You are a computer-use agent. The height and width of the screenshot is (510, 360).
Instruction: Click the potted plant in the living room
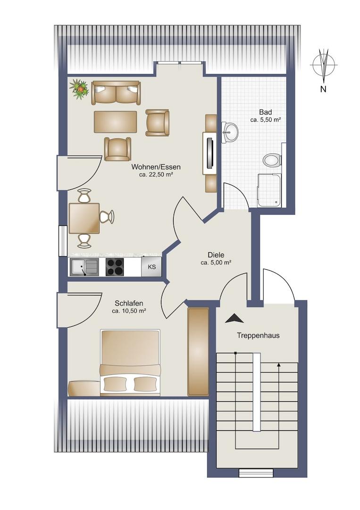[x=79, y=88]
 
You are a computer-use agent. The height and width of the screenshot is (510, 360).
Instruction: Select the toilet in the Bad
[x=272, y=160]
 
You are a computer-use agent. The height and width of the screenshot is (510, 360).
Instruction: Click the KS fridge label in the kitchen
[x=152, y=267]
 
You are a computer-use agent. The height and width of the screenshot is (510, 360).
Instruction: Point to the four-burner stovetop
[x=115, y=267]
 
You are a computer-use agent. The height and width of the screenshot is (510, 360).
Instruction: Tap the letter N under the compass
[x=323, y=89]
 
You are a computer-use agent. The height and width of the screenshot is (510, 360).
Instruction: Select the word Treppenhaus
[x=258, y=336]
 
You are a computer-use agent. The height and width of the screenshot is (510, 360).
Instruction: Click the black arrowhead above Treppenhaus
[x=234, y=318]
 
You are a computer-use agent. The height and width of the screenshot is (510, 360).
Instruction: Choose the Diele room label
[x=216, y=255]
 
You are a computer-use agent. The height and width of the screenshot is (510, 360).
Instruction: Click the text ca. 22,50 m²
[x=156, y=174]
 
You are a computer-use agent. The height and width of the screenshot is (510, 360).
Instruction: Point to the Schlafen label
[x=129, y=304]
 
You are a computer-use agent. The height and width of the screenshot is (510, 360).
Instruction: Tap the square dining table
[x=84, y=218]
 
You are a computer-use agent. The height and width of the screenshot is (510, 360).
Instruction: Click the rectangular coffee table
[x=115, y=122]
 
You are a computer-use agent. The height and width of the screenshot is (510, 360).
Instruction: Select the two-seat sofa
[x=116, y=93]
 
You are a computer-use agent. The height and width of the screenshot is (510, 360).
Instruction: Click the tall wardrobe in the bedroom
[x=198, y=352]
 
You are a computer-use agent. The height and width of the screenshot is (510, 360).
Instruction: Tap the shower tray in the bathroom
[x=269, y=190]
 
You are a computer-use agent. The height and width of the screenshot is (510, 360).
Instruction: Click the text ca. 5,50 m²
[x=266, y=119]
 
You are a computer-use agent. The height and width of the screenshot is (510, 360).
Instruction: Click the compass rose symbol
[x=324, y=65]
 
